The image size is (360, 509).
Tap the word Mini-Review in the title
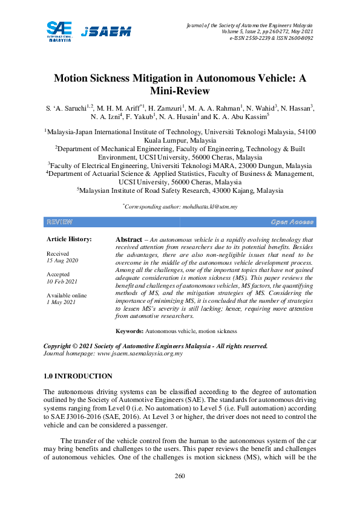(180, 91)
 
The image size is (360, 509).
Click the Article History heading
(70, 239)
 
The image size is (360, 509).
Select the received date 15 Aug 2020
(62, 260)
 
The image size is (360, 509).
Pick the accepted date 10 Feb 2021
(62, 281)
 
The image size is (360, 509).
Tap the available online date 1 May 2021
(62, 302)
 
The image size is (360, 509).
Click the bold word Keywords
(129, 331)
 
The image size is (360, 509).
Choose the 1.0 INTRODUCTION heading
(78, 376)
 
